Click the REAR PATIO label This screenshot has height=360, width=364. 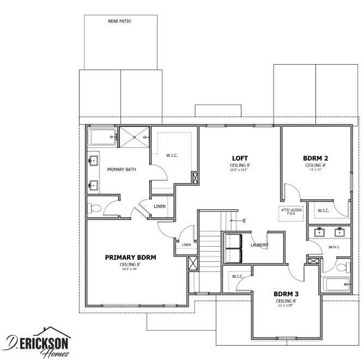pos(120,22)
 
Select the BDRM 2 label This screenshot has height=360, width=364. pos(316,158)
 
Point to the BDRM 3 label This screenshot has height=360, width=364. pos(286,294)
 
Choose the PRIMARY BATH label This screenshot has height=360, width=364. pos(121,169)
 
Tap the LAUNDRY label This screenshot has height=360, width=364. pos(259,245)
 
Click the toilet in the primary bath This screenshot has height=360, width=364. pos(94,208)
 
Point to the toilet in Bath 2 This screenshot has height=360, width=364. pos(342,267)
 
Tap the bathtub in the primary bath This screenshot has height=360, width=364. pos(102,137)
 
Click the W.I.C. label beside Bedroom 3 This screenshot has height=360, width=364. pos(237,277)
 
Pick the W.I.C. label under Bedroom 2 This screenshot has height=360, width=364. pos(323,211)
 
